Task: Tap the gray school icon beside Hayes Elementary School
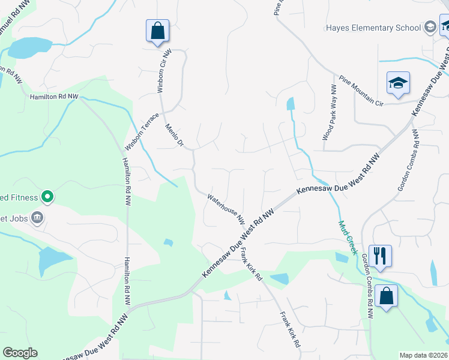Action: pyautogui.click(x=430, y=26)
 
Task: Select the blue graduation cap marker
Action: pyautogui.click(x=397, y=84)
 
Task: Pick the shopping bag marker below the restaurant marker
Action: pyautogui.click(x=385, y=296)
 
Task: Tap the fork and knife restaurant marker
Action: pyautogui.click(x=379, y=256)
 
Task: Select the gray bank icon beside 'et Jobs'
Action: pyautogui.click(x=37, y=217)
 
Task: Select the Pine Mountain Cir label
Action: pyautogui.click(x=369, y=90)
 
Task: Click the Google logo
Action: pyautogui.click(x=20, y=353)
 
